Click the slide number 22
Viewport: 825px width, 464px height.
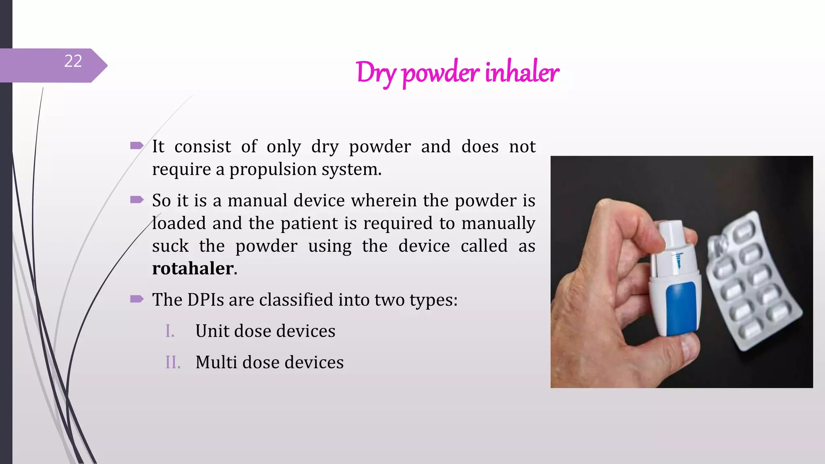click(73, 61)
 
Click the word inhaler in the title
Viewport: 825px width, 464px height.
click(522, 73)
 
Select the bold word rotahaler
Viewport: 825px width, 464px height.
click(193, 268)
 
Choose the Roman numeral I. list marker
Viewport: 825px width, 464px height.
click(170, 331)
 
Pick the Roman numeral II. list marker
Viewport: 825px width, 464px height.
click(173, 362)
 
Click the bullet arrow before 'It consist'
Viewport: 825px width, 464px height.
click(137, 145)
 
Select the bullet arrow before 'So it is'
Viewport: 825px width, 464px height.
click(137, 199)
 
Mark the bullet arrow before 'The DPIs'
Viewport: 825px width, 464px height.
click(137, 298)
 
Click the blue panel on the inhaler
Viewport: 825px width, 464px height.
click(681, 308)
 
